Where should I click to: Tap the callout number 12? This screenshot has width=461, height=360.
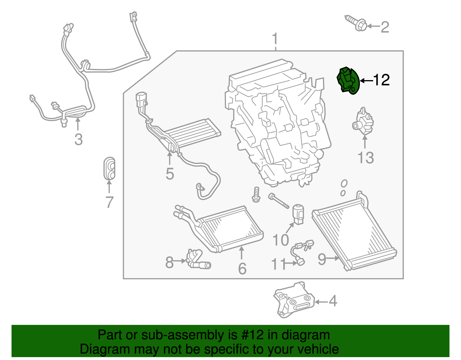381,80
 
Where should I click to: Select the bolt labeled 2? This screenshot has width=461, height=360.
356,23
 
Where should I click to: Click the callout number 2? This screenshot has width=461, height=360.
385,27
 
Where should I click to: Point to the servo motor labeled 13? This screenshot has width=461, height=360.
363,122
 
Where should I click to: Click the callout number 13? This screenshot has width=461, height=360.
365,158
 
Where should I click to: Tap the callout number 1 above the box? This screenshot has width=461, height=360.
275,39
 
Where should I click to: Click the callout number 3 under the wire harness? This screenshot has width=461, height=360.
78,140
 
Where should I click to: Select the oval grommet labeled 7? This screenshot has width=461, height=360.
109,169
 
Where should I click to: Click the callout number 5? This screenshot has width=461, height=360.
170,174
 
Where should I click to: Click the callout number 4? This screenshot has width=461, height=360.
333,301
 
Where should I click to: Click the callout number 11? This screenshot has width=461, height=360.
278,264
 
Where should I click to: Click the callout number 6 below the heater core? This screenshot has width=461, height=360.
242,269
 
